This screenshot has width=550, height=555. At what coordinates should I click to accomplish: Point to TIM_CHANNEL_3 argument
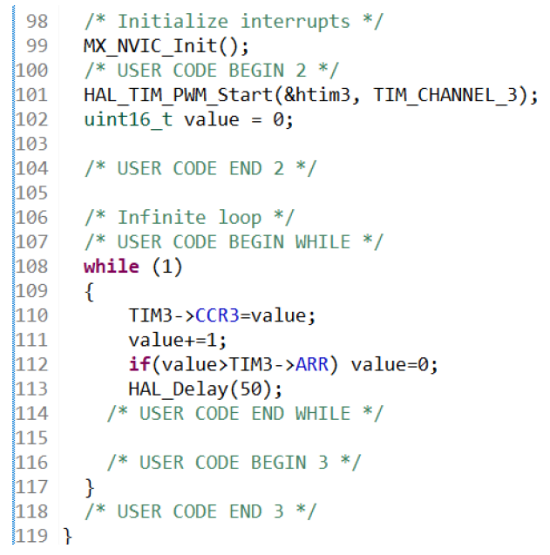[445, 95]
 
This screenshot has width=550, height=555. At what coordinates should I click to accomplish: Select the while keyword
[111, 267]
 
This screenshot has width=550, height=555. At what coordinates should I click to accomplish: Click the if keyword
[138, 364]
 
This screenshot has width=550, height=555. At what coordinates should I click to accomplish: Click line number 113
[31, 389]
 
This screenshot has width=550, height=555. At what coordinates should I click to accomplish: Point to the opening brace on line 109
[89, 291]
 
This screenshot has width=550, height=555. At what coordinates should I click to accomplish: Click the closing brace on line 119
[68, 536]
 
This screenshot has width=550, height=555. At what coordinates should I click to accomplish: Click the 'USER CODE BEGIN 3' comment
[234, 462]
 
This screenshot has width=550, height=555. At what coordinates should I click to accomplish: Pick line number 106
[31, 217]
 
